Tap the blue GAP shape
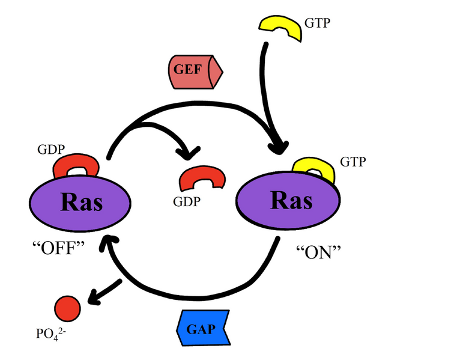click(x=202, y=329)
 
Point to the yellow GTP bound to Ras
click(x=313, y=170)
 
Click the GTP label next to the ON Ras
click(x=352, y=162)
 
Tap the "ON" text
click(x=319, y=251)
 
